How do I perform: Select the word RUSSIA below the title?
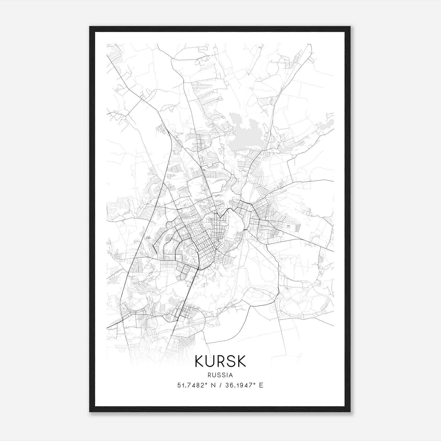(220, 375)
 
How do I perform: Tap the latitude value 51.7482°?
(192, 385)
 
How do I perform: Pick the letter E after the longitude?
(261, 385)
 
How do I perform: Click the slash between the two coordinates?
(220, 385)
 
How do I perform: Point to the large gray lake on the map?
(248, 135)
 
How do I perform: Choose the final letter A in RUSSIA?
(231, 375)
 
